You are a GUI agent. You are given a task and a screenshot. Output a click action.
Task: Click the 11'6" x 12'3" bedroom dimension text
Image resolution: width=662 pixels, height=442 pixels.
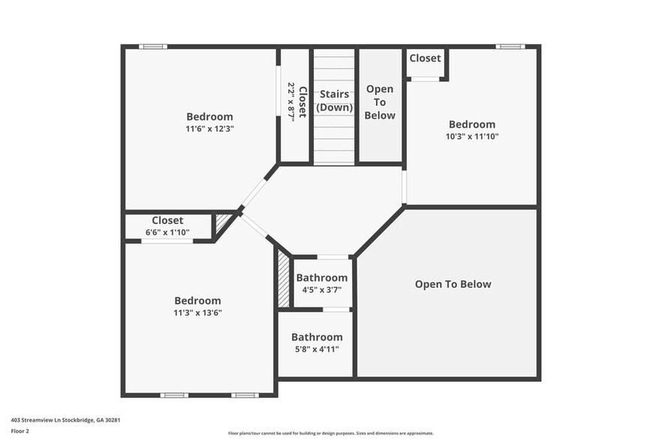pos(209,129)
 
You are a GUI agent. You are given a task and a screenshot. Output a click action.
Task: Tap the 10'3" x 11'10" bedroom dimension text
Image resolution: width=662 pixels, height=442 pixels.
pos(472,137)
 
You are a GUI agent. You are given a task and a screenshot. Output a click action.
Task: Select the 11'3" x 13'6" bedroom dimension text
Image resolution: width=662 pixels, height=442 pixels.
pos(198,313)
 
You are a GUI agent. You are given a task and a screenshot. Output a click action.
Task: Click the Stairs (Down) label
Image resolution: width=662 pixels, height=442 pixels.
pos(334,101)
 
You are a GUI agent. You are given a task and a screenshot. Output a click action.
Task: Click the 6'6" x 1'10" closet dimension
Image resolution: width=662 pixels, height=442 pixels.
pos(167,232)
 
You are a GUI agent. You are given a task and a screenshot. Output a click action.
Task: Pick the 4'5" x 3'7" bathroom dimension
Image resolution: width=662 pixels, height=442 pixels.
pos(322,289)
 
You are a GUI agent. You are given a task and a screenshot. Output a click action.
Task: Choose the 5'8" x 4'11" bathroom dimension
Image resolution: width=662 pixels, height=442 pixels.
pos(317,349)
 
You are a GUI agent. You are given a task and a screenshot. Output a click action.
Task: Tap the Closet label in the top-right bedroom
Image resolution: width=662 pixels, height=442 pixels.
pos(425,58)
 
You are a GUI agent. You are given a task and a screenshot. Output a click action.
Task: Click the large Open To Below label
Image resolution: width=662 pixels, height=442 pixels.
pos(453,284)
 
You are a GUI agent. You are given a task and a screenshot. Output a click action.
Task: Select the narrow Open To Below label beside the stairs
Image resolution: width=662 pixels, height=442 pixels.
pos(380,102)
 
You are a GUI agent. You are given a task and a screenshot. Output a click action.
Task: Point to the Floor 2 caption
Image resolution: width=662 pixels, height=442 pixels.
pos(20,431)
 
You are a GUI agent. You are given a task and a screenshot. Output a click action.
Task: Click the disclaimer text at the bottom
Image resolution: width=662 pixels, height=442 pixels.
pos(330,434)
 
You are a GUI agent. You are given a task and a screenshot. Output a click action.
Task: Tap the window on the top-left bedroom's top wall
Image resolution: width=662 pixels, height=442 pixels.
pos(153,47)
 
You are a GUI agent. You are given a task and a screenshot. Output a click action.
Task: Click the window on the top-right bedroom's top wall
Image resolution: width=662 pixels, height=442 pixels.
pos(510,47)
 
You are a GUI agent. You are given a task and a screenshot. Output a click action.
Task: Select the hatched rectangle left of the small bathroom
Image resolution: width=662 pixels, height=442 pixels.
pos(284,278)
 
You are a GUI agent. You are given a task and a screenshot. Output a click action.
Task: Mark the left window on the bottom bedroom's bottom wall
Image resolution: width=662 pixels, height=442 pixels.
pos(174,395)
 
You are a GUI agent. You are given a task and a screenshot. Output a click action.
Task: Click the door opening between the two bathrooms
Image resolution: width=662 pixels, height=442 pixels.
pos(336,309)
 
